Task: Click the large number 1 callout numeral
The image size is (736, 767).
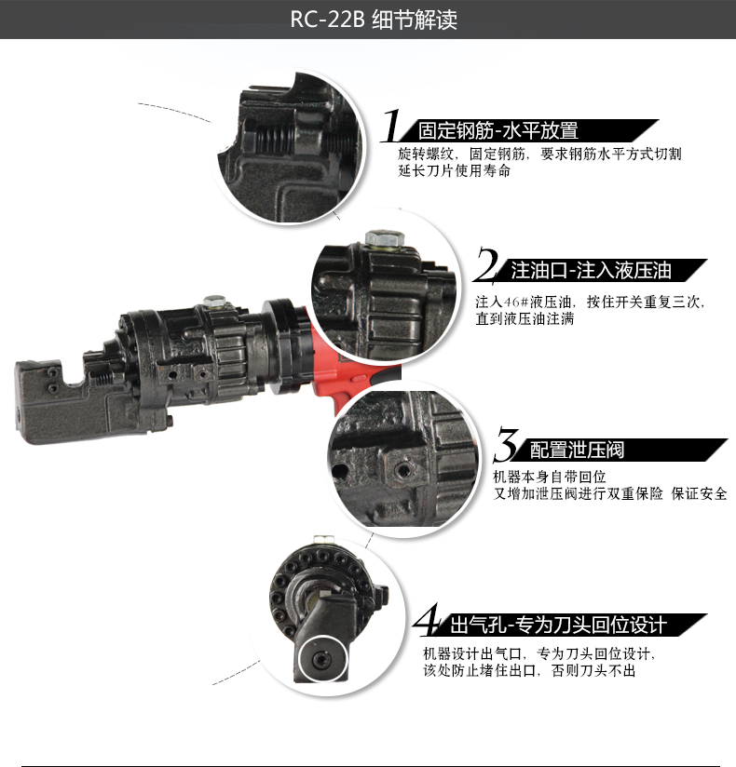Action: click(x=393, y=128)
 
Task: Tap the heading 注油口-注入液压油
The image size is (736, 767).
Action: click(x=591, y=271)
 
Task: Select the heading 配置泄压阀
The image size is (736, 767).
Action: click(x=577, y=451)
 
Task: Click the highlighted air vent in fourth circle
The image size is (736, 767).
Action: click(x=323, y=658)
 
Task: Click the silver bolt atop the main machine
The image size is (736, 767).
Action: click(x=214, y=301)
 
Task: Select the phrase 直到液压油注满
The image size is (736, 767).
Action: click(x=525, y=318)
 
